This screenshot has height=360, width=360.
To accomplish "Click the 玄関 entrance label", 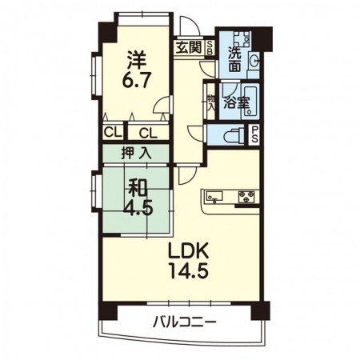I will click(x=190, y=46).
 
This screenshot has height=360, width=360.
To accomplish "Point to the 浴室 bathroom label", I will click(x=235, y=103).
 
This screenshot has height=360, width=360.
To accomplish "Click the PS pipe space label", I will click(x=255, y=134).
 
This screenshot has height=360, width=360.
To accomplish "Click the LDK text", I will click(x=188, y=250).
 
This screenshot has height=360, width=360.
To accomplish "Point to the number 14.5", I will click(x=188, y=270).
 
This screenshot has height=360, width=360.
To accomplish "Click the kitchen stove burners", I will click(x=246, y=195).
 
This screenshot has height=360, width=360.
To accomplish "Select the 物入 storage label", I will click(x=211, y=102).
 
